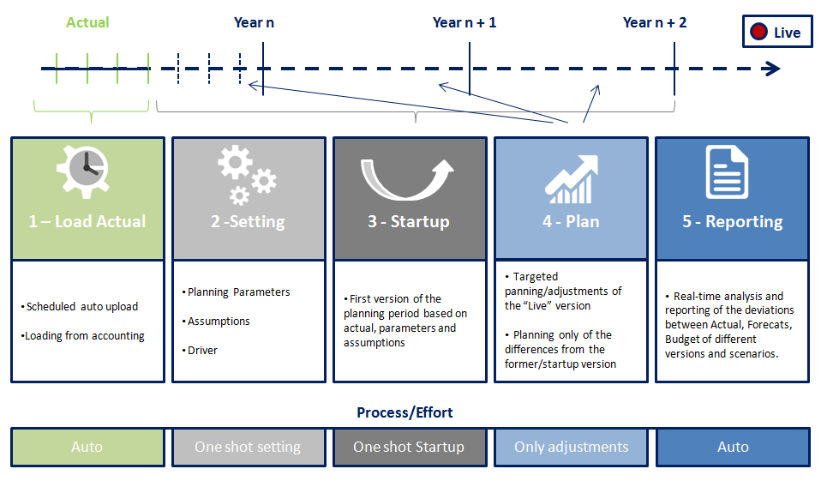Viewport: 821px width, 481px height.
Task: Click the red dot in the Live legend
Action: click(758, 33)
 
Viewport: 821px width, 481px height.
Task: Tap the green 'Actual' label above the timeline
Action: click(87, 22)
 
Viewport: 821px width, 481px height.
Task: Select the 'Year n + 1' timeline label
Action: click(464, 22)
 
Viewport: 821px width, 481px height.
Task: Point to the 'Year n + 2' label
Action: click(655, 22)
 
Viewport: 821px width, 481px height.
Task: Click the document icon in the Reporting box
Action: click(728, 172)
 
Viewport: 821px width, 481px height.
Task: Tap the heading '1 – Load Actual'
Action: click(87, 221)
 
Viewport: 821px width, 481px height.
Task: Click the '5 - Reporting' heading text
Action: click(732, 221)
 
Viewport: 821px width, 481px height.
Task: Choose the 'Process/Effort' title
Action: click(405, 412)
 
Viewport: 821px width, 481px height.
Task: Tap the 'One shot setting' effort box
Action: click(248, 447)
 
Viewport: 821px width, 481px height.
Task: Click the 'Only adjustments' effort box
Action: click(571, 447)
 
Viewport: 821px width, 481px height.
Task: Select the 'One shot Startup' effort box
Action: click(409, 447)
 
